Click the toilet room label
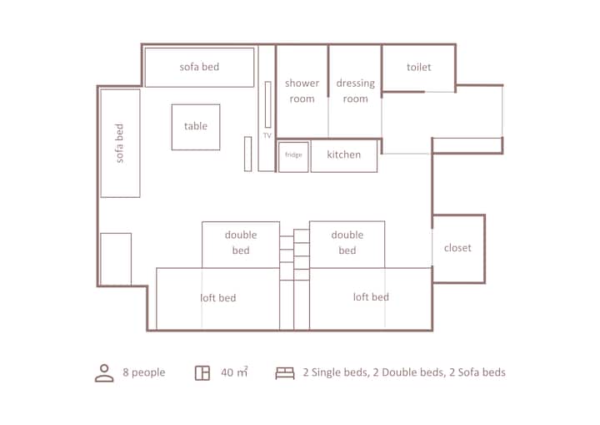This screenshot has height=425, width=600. coord(418,67)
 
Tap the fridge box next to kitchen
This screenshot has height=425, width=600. coord(293,156)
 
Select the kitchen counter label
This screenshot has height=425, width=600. coord(343,154)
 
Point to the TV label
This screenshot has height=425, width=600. coord(267,135)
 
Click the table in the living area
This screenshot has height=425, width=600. coord(196,127)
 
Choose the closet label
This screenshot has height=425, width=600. coord(457,248)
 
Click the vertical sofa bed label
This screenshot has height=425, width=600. coord(119,143)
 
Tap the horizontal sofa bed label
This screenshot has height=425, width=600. coord(199,67)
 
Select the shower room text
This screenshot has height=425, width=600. coord(302,91)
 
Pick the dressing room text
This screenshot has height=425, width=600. coord(356,91)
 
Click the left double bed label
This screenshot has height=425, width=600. coord(241,242)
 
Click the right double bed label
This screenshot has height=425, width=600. coord(347,242)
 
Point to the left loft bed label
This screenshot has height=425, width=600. coord(218,297)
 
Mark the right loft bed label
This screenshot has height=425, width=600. coord(371,296)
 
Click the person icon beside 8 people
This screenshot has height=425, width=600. coord(104,373)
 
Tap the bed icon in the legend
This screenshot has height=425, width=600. coord(285,373)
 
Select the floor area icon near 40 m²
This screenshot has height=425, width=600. coord(202,373)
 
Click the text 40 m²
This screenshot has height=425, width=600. coord(234,372)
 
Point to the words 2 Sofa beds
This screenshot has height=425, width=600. coord(477,372)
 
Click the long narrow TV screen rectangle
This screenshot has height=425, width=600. coord(267,104)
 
